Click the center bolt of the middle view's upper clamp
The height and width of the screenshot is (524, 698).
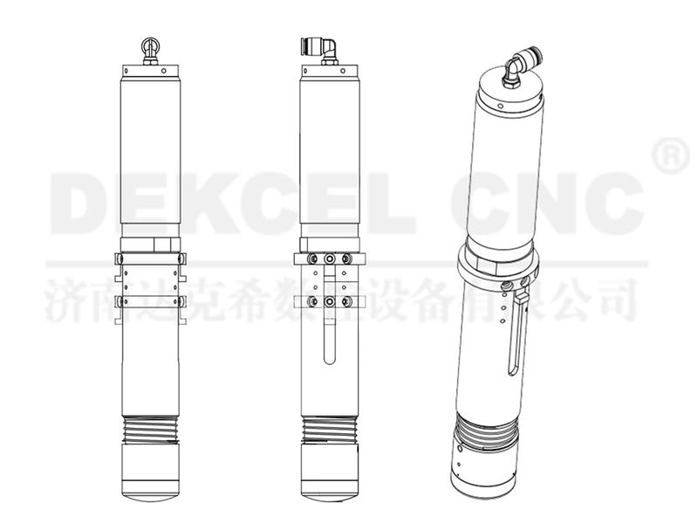point(328,259)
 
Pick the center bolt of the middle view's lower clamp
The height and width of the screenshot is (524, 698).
point(328,301)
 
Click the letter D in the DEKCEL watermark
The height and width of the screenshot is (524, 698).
point(81,199)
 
